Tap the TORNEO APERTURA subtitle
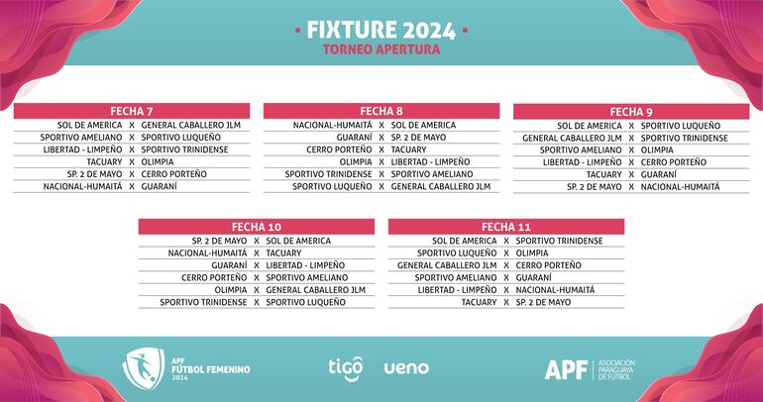[381, 49]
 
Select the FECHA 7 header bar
[132, 110]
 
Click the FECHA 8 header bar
[381, 110]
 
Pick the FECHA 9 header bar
[631, 111]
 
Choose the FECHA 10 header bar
[257, 226]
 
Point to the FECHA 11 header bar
[506, 226]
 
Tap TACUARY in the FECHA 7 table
[104, 161]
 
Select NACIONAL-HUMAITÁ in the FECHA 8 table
[332, 126]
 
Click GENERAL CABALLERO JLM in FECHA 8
[440, 185]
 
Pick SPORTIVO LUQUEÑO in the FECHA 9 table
[681, 126]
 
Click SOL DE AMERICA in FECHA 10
[298, 241]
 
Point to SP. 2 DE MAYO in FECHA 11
[543, 302]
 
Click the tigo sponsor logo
[346, 367]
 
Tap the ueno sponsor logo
[406, 367]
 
